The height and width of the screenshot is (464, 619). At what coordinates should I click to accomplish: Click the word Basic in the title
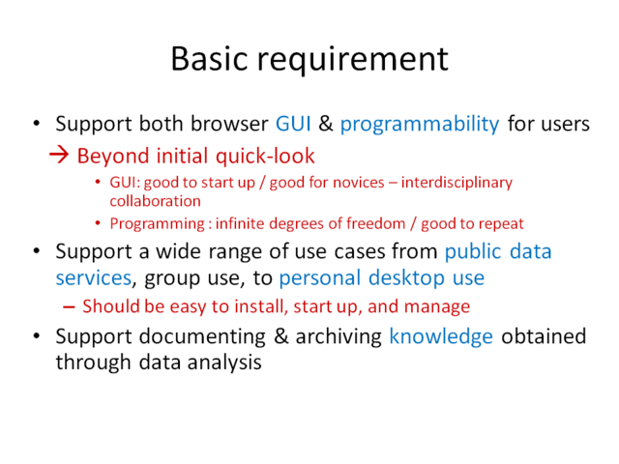[x=211, y=58]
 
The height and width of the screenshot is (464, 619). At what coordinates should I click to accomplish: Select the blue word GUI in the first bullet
[x=295, y=125]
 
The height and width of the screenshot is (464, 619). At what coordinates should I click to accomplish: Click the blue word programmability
[x=419, y=125]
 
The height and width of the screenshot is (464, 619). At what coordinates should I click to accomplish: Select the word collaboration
[x=155, y=200]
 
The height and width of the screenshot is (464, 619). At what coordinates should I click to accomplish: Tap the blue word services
[x=93, y=278]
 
